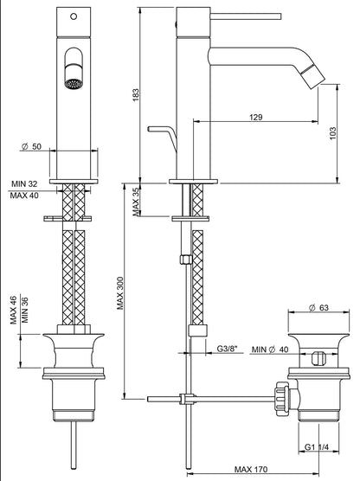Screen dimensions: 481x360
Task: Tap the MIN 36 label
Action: tap(25, 310)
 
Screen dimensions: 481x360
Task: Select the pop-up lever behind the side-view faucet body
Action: tap(161, 131)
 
